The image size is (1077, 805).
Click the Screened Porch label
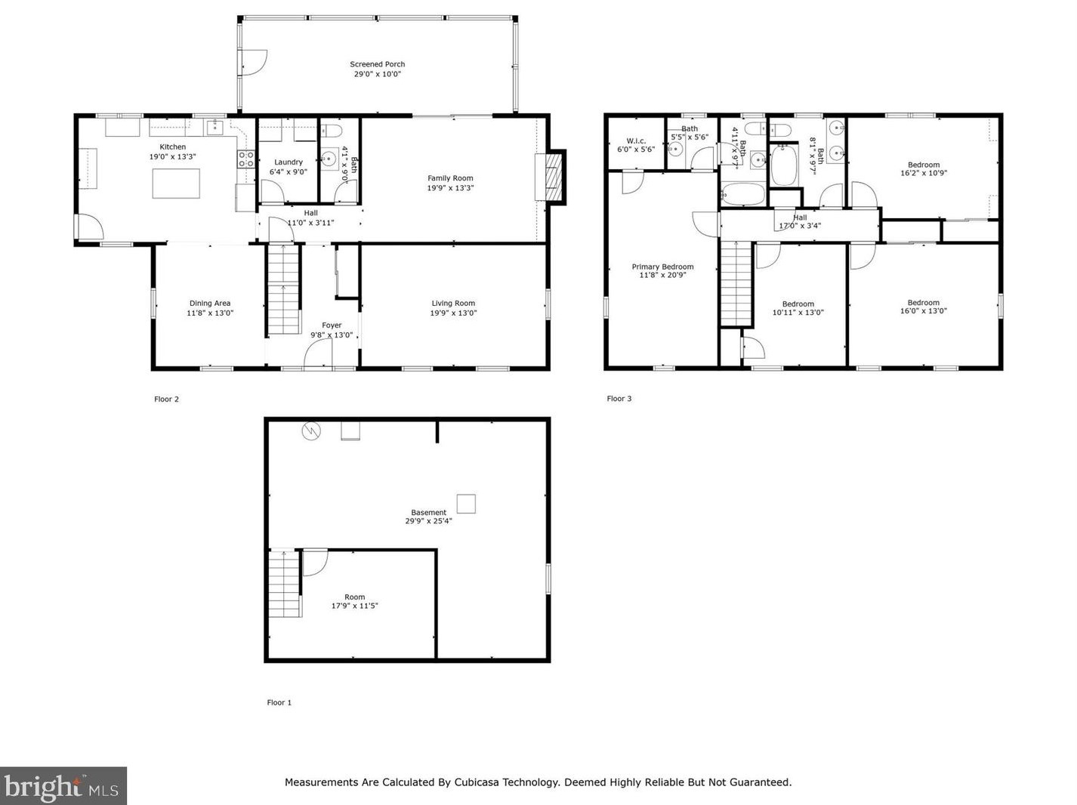pyautogui.click(x=377, y=64)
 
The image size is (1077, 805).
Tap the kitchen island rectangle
pyautogui.click(x=176, y=184)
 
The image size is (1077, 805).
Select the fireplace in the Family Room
pyautogui.click(x=550, y=177)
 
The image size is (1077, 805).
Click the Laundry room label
pyautogui.click(x=288, y=162)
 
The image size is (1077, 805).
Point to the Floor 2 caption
pyautogui.click(x=166, y=399)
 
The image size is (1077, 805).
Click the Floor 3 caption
pyautogui.click(x=619, y=399)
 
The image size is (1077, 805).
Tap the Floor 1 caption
pyautogui.click(x=279, y=702)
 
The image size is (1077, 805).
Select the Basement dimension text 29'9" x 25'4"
pyautogui.click(x=428, y=521)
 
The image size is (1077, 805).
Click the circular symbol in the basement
pyautogui.click(x=311, y=431)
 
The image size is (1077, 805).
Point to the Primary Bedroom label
pyautogui.click(x=662, y=267)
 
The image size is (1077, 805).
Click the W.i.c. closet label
pyautogui.click(x=636, y=140)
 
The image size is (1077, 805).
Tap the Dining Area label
pyautogui.click(x=210, y=303)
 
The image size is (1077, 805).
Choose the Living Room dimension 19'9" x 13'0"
pyautogui.click(x=453, y=313)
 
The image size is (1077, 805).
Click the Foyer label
pyautogui.click(x=332, y=325)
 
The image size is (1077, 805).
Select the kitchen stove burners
pyautogui.click(x=245, y=159)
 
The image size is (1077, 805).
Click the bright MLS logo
pyautogui.click(x=63, y=786)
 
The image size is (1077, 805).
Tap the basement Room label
pyautogui.click(x=354, y=597)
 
